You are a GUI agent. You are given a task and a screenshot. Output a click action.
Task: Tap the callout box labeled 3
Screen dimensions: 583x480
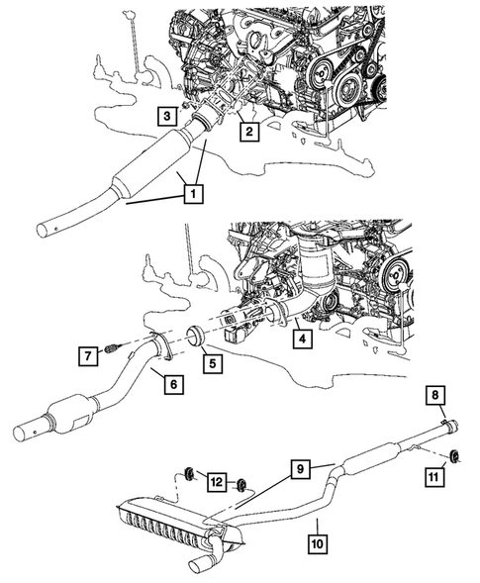(170, 115)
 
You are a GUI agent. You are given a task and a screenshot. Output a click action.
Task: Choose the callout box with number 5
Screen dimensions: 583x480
(210, 363)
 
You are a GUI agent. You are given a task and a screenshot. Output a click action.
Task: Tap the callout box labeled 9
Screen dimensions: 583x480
(302, 466)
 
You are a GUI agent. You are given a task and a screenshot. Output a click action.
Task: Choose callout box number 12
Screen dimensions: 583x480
(217, 481)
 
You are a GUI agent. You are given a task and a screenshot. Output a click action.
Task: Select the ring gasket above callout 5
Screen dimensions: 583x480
(194, 338)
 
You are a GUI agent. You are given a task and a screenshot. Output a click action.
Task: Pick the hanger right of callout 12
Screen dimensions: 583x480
(240, 486)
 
